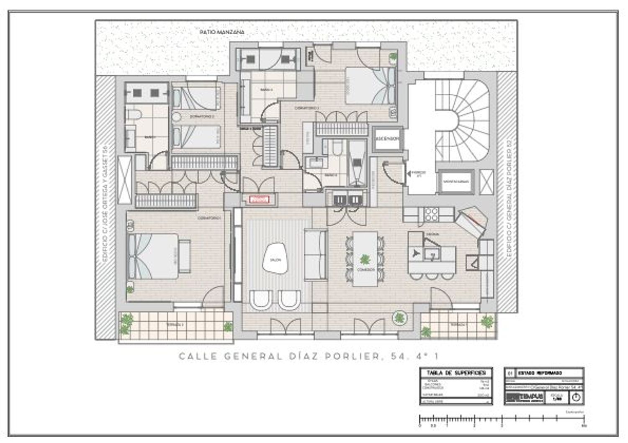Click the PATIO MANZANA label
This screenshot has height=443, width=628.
[221, 32]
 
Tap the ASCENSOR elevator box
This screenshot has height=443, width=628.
[387, 139]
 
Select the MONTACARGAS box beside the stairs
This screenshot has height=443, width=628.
[456, 182]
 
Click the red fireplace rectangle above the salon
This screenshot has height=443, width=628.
[259, 200]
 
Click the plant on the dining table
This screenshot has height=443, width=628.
[365, 260]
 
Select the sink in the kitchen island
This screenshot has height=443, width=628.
[431, 253]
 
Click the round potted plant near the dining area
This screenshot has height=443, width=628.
[399, 318]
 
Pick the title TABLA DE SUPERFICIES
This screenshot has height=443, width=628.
[456, 372]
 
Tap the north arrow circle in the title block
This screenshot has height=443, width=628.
[576, 397]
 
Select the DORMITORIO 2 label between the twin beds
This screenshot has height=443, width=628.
[202, 117]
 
